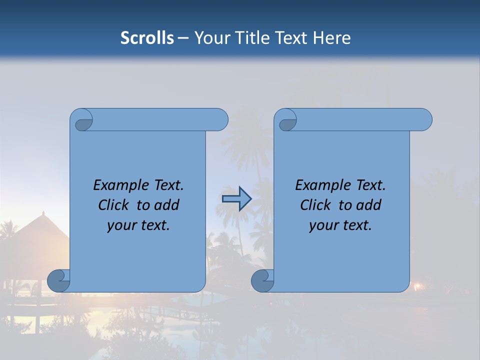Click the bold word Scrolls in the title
(147, 38)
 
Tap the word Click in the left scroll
(115, 205)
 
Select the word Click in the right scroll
(317, 205)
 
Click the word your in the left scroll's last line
(121, 225)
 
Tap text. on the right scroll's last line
(356, 225)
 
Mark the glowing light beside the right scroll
(417, 286)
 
